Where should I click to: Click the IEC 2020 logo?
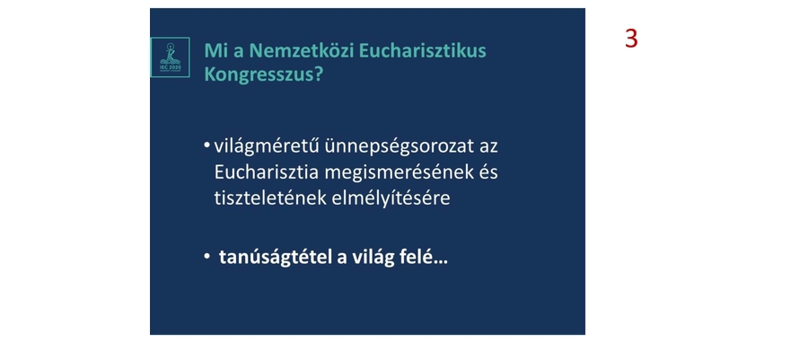click(170, 57)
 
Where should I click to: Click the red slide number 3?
click(631, 39)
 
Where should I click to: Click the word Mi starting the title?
click(215, 50)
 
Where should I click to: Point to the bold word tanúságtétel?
click(275, 258)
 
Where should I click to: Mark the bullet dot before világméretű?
click(207, 145)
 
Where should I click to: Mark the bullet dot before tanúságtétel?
click(207, 258)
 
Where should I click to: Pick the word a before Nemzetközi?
click(235, 50)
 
